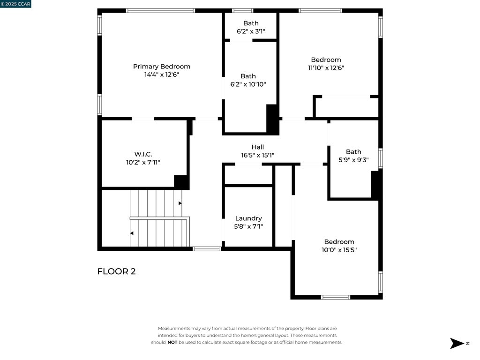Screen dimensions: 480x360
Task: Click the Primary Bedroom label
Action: (x=162, y=67)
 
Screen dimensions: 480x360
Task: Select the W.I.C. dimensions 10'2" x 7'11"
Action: (x=143, y=162)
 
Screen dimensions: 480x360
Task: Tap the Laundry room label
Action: (x=248, y=218)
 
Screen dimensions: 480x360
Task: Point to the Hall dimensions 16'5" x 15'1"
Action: (x=257, y=155)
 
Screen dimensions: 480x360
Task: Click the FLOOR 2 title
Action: (x=116, y=271)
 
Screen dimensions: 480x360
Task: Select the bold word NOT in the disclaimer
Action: (x=172, y=342)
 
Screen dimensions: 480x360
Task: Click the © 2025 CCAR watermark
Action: (x=15, y=4)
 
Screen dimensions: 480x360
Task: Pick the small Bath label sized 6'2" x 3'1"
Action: (x=251, y=23)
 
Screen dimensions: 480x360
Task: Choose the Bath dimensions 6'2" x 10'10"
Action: (x=248, y=84)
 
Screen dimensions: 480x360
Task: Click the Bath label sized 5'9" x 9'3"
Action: (x=353, y=152)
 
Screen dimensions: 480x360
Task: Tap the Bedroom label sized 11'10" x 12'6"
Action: (x=326, y=60)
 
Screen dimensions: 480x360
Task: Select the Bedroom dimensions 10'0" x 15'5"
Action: (x=339, y=250)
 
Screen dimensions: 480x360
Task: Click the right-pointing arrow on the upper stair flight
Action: (x=180, y=203)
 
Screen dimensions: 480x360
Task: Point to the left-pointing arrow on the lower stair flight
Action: (x=132, y=233)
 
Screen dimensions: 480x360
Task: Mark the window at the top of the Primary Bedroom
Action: (x=161, y=11)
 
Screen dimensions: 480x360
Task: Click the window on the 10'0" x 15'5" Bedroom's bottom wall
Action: (x=336, y=297)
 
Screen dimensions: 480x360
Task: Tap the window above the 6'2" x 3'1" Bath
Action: (x=243, y=11)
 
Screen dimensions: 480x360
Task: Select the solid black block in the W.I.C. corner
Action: (x=181, y=182)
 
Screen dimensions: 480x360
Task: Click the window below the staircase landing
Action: (x=207, y=249)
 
